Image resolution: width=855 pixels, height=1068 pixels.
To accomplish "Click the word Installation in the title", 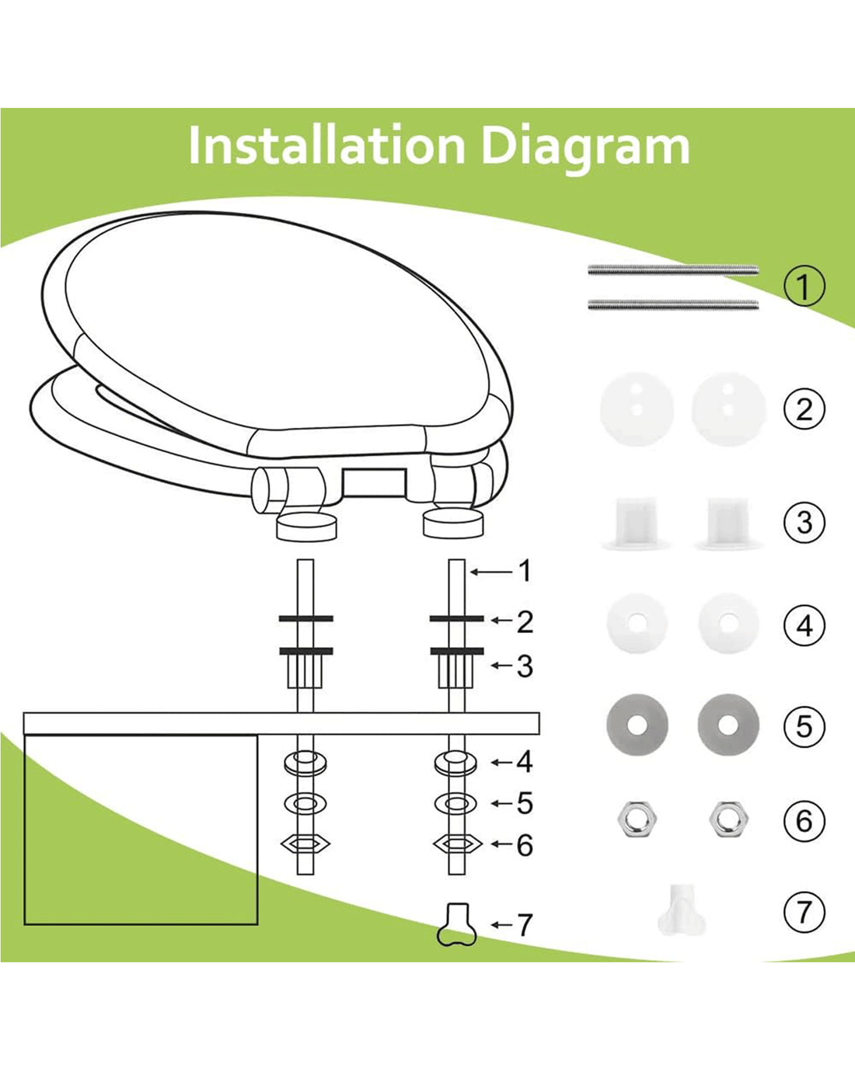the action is pyautogui.click(x=326, y=145).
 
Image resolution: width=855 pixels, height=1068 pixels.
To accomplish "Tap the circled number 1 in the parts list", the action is pyautogui.click(x=804, y=286).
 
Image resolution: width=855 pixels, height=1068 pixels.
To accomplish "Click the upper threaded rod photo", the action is pyautogui.click(x=673, y=270).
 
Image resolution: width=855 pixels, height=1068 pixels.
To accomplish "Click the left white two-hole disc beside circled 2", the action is pyautogui.click(x=637, y=409).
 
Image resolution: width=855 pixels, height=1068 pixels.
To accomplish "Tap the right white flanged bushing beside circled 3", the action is pyautogui.click(x=728, y=524).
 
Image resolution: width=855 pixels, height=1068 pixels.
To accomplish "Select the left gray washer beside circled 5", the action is pyautogui.click(x=637, y=725).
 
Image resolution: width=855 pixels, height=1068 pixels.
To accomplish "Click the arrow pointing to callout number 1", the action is pyautogui.click(x=491, y=572).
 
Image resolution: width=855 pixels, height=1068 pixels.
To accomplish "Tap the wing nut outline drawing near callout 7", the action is pyautogui.click(x=457, y=924).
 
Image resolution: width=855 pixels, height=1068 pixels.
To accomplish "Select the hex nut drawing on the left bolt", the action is pyautogui.click(x=305, y=844).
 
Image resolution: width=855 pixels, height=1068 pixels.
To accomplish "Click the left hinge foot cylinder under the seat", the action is pyautogui.click(x=306, y=527).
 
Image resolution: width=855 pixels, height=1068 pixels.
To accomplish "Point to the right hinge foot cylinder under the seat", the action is pyautogui.click(x=453, y=523).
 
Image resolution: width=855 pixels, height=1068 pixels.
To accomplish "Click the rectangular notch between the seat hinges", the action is pyautogui.click(x=375, y=482).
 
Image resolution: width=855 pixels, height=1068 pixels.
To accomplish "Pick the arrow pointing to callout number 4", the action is pyautogui.click(x=502, y=762).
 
